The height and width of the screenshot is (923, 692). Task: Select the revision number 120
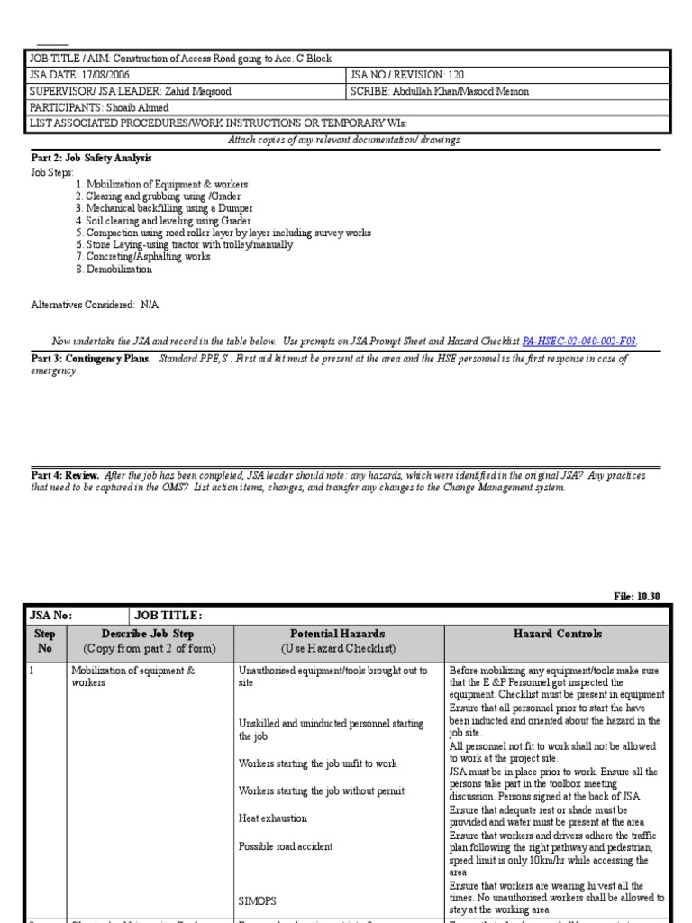[455, 75]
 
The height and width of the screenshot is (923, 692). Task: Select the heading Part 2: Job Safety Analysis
[91, 158]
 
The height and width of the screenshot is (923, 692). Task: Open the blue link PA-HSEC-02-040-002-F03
[579, 342]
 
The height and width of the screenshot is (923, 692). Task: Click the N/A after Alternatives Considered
[150, 306]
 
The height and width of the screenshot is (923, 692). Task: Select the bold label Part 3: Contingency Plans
[91, 359]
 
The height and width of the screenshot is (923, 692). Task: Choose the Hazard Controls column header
[558, 635]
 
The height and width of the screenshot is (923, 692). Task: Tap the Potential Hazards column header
[338, 635]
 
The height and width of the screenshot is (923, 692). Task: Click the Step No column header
[45, 641]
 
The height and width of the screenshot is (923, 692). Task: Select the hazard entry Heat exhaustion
[272, 818]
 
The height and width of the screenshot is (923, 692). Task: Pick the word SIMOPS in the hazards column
[258, 900]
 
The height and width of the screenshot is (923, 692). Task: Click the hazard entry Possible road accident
[286, 846]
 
